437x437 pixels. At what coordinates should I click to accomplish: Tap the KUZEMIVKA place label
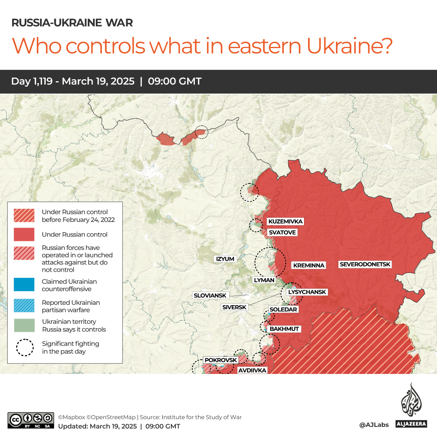click(285, 222)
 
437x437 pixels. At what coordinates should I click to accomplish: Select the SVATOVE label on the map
click(282, 232)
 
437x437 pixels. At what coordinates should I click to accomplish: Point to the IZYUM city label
click(225, 259)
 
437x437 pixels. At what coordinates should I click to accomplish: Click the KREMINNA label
click(309, 265)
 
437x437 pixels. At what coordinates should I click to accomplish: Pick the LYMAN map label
click(264, 280)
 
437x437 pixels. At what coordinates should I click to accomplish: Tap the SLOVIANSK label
click(210, 296)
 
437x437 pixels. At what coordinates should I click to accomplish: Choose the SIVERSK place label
click(234, 307)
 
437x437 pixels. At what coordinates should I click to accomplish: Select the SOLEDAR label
click(283, 309)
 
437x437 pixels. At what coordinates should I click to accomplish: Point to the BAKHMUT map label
click(284, 329)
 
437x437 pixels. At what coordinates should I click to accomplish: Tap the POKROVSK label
click(220, 360)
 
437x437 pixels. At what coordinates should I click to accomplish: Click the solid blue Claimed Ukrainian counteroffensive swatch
click(24, 285)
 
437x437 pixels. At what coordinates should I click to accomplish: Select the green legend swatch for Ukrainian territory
click(24, 325)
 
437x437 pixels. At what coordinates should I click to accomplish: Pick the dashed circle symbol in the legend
click(25, 347)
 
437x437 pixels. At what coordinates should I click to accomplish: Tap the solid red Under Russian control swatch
click(24, 234)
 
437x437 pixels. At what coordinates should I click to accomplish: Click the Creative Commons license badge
click(31, 420)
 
